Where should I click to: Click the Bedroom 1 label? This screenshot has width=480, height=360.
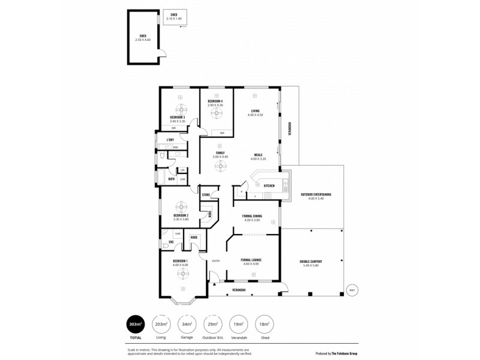pyautogui.click(x=180, y=260)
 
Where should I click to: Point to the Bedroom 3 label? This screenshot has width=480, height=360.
pyautogui.click(x=177, y=117)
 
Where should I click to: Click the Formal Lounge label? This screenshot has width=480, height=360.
pyautogui.click(x=252, y=260)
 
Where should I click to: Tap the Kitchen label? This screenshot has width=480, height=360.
pyautogui.click(x=269, y=186)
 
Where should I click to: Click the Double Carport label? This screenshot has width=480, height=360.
pyautogui.click(x=311, y=260)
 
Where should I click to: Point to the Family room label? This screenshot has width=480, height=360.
pyautogui.click(x=220, y=154)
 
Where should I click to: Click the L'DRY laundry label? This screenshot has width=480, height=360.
pyautogui.click(x=170, y=140)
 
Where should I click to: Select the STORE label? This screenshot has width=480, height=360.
pyautogui.click(x=205, y=195)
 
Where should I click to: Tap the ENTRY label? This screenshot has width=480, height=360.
pyautogui.click(x=216, y=260)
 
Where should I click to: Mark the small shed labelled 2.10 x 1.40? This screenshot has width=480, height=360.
pyautogui.click(x=175, y=17)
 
